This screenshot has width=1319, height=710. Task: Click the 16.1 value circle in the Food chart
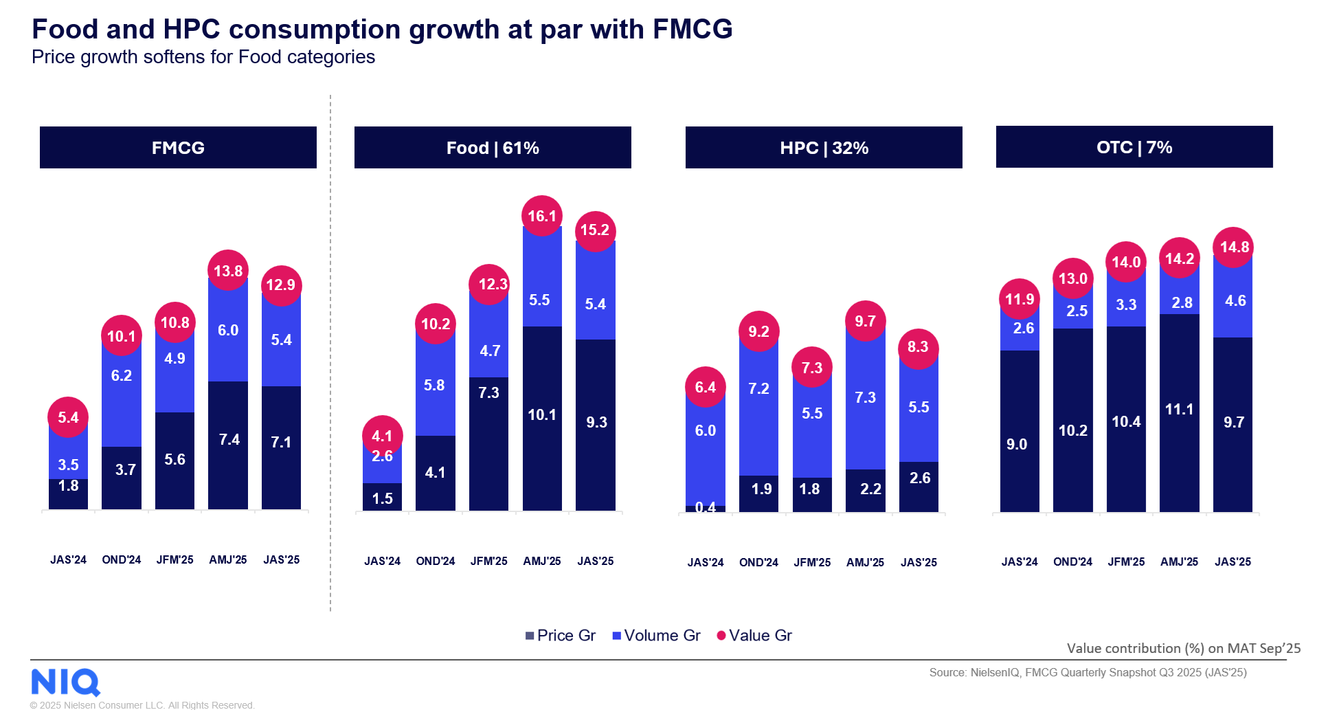[x=542, y=216]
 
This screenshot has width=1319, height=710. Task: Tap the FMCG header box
[x=178, y=147]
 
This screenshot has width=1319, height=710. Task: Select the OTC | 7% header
[x=1134, y=146]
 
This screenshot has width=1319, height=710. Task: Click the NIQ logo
[x=65, y=682]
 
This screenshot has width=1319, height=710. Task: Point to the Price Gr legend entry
[x=560, y=635]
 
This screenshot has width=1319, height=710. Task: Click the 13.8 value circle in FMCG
[x=228, y=270]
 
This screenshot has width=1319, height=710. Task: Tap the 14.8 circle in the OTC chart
[x=1233, y=247]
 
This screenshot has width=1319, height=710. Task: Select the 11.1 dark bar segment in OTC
[x=1179, y=410]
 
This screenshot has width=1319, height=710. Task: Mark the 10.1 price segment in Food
[x=542, y=415]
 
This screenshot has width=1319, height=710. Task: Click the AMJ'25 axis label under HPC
[x=865, y=562]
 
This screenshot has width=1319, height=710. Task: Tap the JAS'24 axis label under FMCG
[x=68, y=559]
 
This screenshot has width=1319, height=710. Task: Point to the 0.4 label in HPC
[x=706, y=507]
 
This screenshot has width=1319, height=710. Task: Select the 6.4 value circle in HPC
[x=706, y=387]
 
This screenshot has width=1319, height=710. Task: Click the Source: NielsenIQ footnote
[x=1087, y=672]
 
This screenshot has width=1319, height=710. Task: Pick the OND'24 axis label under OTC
[x=1072, y=562]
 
